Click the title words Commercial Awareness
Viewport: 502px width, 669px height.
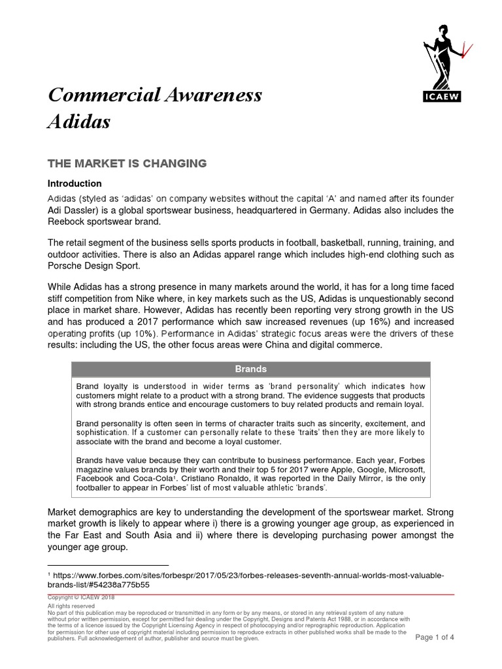point(155,95)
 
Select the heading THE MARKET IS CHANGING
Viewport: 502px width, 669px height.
point(127,163)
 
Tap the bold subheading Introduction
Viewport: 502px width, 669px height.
point(75,184)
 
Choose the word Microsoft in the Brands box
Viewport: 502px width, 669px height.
point(405,470)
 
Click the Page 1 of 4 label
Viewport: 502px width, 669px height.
point(435,637)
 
